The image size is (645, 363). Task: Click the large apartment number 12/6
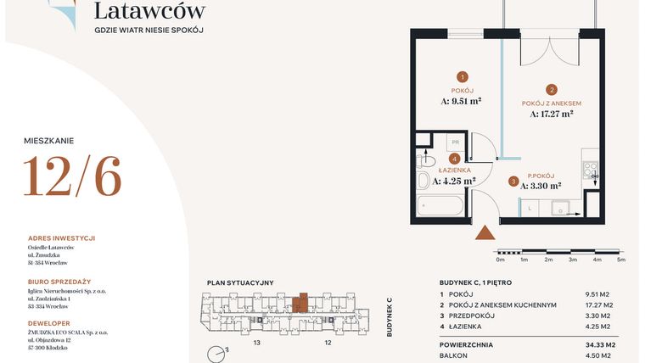coord(72,176)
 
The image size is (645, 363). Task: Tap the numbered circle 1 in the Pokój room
coord(463,75)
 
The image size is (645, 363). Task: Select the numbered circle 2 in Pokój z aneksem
coord(551,89)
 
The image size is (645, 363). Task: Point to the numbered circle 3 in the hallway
coord(513,181)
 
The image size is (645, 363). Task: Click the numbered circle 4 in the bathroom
coord(455,159)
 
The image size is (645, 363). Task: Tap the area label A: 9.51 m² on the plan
coord(462,101)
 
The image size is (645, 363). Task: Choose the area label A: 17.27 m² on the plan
coord(552,114)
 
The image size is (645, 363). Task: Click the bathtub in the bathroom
coord(440,206)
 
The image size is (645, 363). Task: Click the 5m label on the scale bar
coord(620,260)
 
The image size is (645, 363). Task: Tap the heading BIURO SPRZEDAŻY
coord(59,282)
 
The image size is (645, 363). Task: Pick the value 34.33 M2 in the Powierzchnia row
coord(599,345)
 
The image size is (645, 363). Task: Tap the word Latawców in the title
coord(149,11)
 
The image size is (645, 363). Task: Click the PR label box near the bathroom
coord(455,142)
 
